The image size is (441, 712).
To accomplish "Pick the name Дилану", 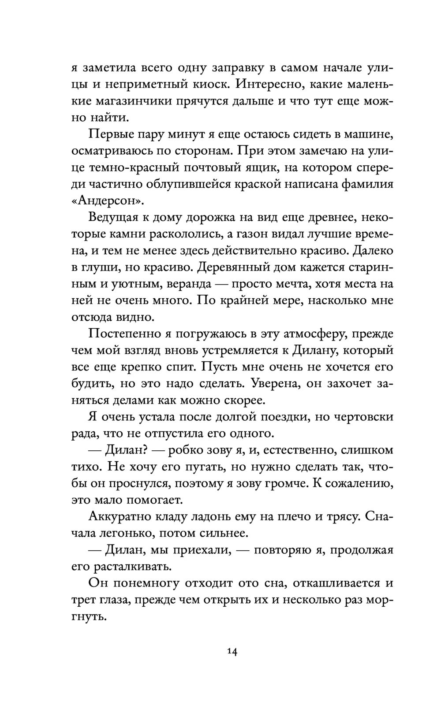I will point(313,351).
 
